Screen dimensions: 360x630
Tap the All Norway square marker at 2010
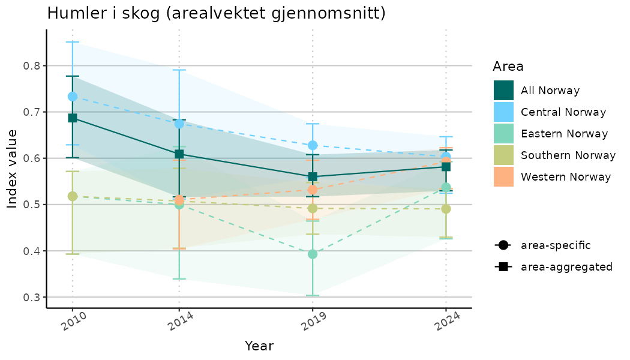point(73,118)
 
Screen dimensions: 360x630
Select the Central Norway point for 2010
point(73,97)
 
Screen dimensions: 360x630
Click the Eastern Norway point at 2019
point(313,254)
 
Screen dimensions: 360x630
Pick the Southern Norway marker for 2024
point(446,209)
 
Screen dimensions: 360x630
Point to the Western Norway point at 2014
point(179,200)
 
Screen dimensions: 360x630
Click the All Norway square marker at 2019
point(313,177)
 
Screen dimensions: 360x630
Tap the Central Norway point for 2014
point(179,124)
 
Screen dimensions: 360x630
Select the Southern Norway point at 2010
point(73,196)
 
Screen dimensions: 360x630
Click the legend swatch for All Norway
point(503,91)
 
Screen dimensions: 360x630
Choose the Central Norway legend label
point(563,112)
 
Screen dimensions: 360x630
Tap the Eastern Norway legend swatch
point(503,134)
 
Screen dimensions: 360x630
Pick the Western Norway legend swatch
point(503,177)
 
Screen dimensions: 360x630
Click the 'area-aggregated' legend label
point(566,267)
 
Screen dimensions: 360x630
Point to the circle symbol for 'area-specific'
point(503,245)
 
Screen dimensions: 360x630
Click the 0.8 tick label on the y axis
point(31,66)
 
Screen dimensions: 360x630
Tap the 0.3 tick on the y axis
point(31,298)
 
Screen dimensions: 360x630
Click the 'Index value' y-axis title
point(13,169)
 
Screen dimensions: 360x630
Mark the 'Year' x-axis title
point(259,346)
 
